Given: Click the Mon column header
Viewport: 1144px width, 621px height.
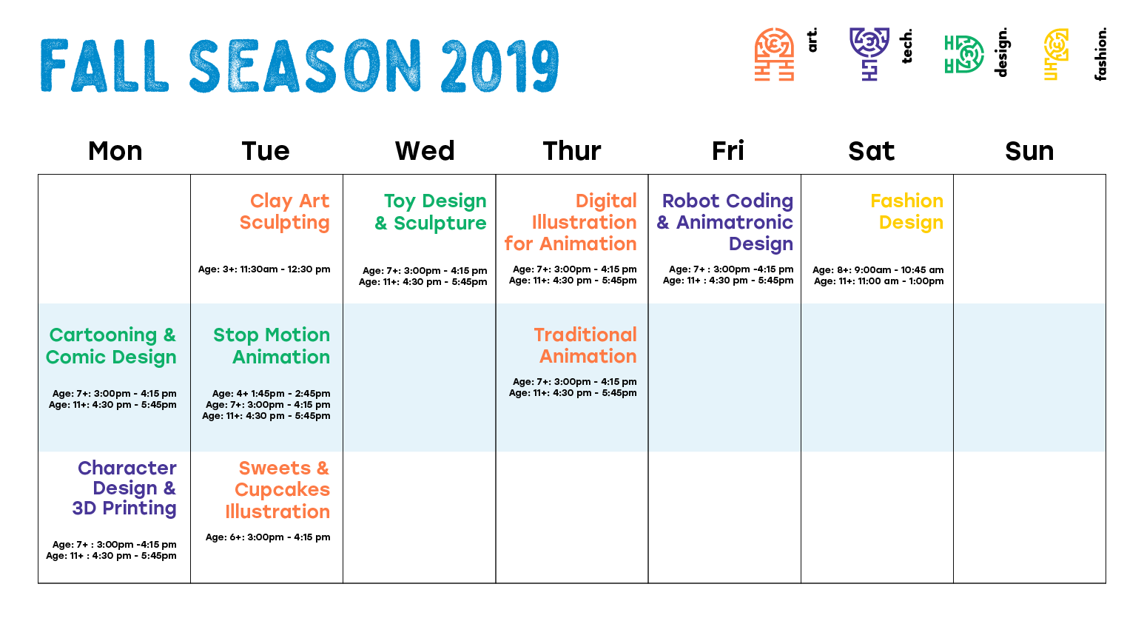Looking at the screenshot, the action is (x=115, y=151).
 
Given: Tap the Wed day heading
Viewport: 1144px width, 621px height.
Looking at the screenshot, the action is (x=425, y=151).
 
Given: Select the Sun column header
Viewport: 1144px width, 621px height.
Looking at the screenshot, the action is (x=1029, y=151).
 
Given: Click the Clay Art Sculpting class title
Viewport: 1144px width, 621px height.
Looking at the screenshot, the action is (x=284, y=212).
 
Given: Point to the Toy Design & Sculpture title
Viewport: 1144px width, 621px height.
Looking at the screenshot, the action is (x=430, y=212).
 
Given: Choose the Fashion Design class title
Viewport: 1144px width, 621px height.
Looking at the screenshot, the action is (x=906, y=212).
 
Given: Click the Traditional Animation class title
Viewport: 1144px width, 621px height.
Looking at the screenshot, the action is (x=585, y=345).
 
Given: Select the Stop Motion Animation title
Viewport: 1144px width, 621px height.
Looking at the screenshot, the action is (x=272, y=346).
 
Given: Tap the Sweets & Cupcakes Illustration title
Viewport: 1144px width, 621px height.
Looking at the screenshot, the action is (x=277, y=490).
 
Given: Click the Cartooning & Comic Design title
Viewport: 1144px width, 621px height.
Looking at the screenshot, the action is (x=111, y=346).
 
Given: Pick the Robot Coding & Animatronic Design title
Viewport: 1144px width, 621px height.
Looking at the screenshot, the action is (x=724, y=222).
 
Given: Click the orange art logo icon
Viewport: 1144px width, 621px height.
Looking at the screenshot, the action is (x=774, y=54).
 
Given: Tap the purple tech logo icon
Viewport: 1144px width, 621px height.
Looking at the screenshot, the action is (x=869, y=54).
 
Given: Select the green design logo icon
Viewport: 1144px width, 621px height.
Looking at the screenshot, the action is (x=963, y=54).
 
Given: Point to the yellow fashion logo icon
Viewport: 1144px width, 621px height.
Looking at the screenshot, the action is (x=1056, y=54).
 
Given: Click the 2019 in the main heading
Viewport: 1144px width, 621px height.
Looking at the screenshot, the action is (x=500, y=66).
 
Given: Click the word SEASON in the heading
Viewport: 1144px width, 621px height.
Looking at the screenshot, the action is (x=305, y=66).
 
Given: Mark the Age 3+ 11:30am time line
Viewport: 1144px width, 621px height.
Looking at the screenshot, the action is (x=264, y=269).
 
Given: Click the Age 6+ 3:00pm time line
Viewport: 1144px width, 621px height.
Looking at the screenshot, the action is (x=268, y=537).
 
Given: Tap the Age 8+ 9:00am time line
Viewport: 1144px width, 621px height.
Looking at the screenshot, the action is (x=878, y=269).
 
